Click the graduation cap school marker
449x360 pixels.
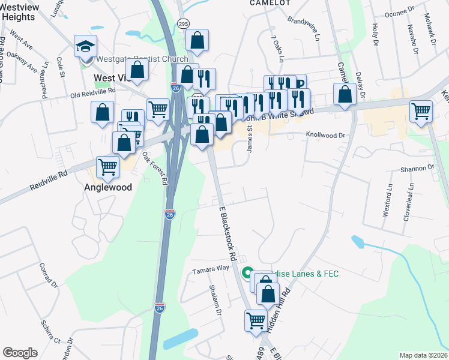point(85,46)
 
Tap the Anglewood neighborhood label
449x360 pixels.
point(107,187)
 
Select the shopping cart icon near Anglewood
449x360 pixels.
point(108,166)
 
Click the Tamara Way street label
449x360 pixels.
point(211,270)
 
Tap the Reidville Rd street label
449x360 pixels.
point(49,181)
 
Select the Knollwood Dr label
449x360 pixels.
point(327,135)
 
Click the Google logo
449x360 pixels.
point(20,353)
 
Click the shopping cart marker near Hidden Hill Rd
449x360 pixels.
point(256,320)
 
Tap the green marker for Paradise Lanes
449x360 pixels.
point(247,274)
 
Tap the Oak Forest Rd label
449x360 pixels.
point(155,168)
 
